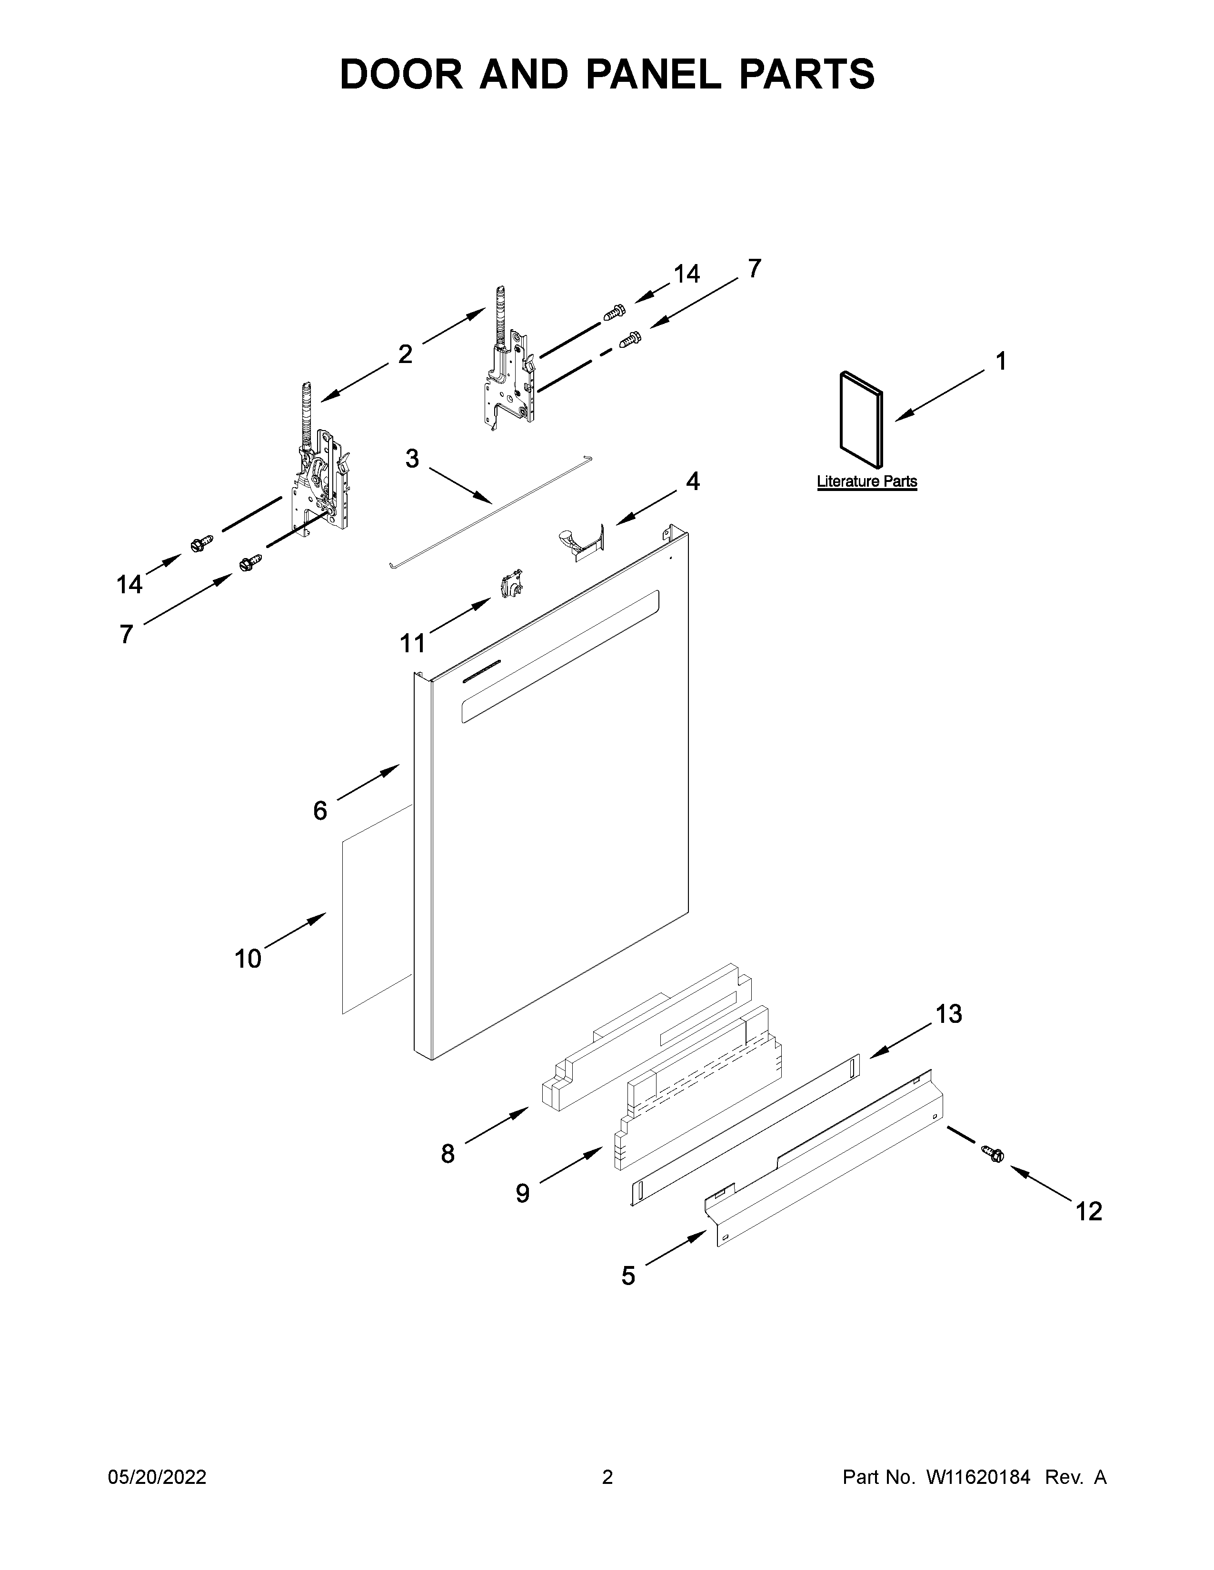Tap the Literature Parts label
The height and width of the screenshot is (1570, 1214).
[x=866, y=481]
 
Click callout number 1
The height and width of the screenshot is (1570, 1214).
[x=1000, y=361]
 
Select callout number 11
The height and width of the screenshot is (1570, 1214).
[x=412, y=643]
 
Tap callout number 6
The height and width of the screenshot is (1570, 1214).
[x=320, y=810]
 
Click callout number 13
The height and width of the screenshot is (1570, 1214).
[x=948, y=1013]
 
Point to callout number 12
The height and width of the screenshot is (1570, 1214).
[x=1088, y=1211]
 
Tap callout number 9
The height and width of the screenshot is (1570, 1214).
[x=522, y=1193]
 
